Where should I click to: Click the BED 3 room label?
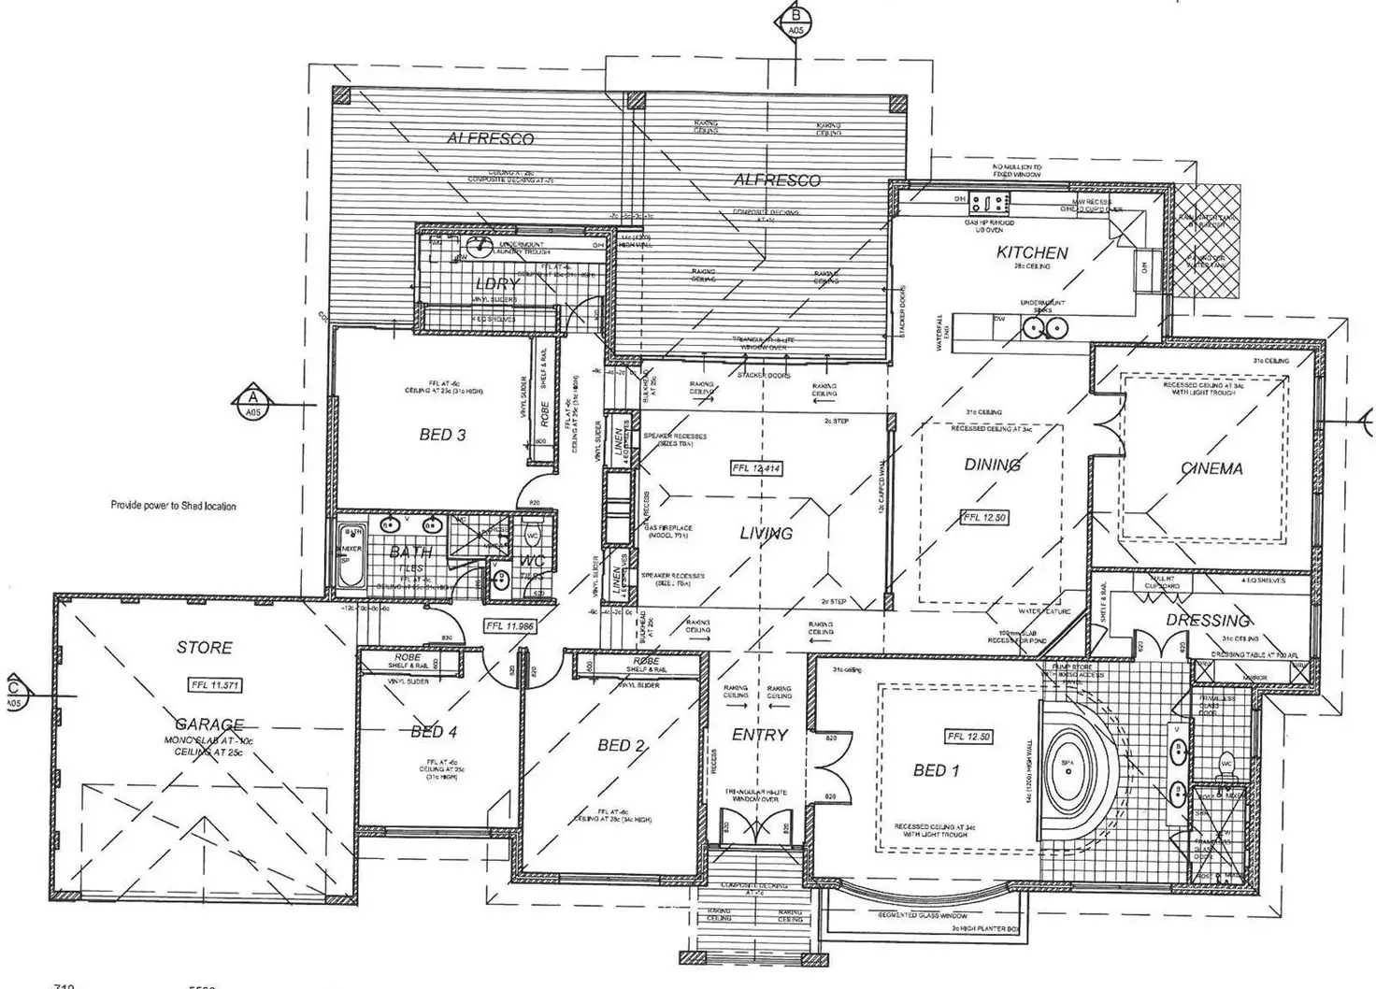point(442,435)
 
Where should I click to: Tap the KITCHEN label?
point(1032,252)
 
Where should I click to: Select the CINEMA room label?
point(1211,468)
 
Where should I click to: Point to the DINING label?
point(992,465)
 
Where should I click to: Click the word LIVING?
point(767,534)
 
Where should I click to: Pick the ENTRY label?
point(759,735)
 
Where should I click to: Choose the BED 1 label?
point(936,770)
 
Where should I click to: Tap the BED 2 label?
point(622,745)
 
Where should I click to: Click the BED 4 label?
point(434,732)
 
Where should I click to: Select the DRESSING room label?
point(1207,620)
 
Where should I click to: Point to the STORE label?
point(204,647)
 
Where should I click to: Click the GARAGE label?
point(209,724)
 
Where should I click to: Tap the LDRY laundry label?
point(496,284)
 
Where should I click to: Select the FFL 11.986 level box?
point(509,626)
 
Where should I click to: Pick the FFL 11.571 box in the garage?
point(215,685)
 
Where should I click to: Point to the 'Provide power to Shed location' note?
point(173,506)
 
